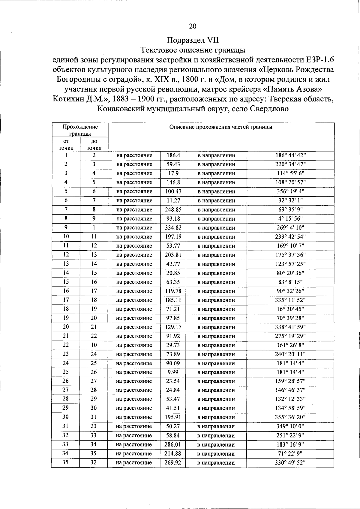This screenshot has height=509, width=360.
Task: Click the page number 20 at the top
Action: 193,26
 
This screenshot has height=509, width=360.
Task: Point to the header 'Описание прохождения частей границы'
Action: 221,127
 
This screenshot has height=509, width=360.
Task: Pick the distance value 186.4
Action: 173,155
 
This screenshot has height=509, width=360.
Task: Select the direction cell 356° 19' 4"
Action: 290,191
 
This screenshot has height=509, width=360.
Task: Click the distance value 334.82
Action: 173,228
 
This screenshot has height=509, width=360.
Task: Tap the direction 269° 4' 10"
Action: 290,228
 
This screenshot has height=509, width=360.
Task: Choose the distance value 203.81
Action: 173,255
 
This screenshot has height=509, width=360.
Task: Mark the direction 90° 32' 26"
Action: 290,291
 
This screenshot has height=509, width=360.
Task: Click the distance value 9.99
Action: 173,372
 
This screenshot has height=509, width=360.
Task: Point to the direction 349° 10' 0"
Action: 290,426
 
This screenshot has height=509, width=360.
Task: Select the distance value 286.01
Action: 173,445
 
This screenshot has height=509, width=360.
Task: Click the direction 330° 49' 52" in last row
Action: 290,463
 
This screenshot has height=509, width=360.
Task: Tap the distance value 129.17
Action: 173,327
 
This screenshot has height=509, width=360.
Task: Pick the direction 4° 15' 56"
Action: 290,219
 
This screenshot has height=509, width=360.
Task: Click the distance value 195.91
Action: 173,417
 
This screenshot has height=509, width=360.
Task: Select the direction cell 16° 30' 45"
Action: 290,309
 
